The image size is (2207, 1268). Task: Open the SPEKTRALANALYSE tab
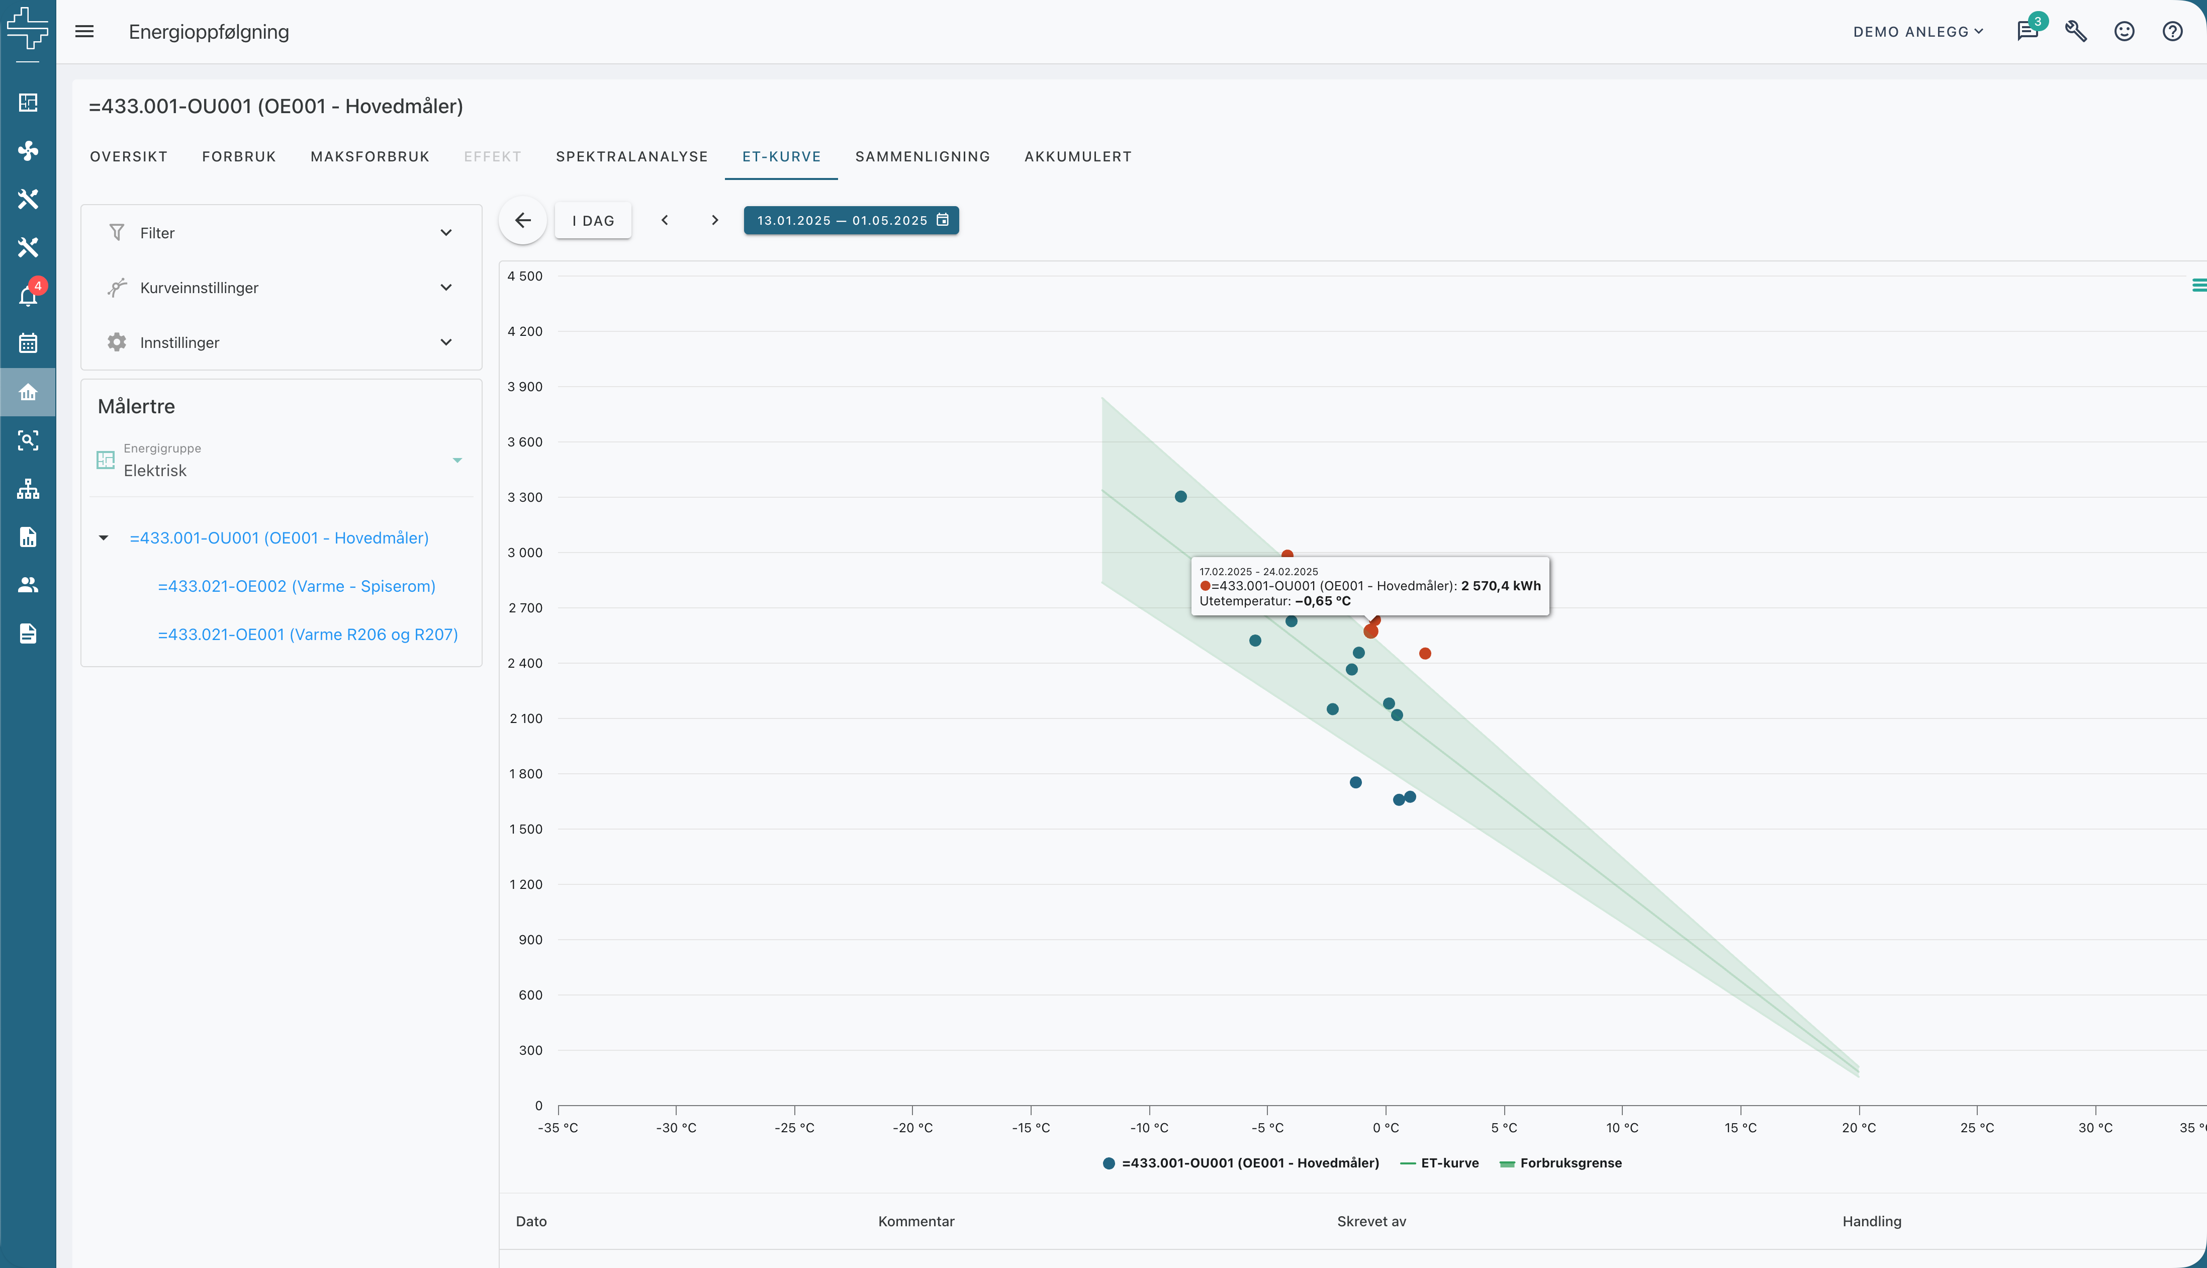coord(631,157)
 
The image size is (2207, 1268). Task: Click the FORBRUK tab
coord(239,157)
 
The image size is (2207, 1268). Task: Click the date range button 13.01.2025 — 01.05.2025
coord(851,220)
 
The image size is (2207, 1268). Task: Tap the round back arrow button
coord(522,220)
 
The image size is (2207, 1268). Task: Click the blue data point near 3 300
coord(1180,496)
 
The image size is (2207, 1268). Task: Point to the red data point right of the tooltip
coord(1425,653)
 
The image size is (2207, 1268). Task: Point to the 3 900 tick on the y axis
coord(525,387)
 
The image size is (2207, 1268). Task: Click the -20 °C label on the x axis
coord(912,1128)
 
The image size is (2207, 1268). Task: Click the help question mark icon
coord(2172,31)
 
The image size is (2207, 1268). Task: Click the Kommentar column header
coord(916,1221)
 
